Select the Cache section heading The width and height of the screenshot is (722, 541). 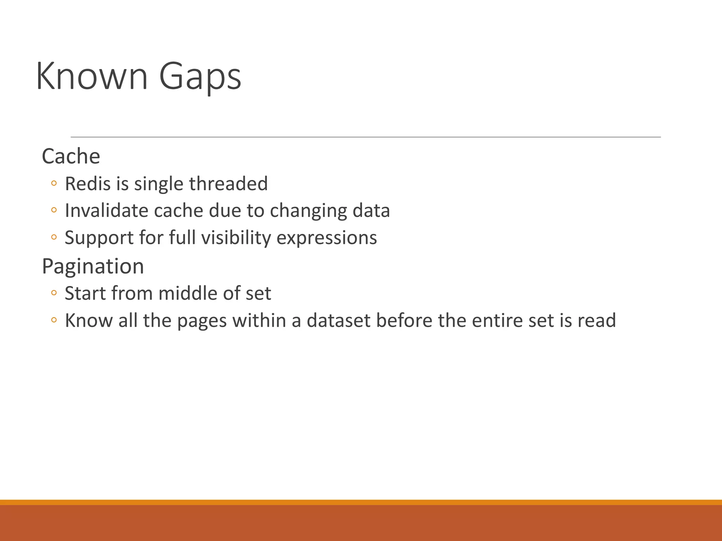click(x=71, y=156)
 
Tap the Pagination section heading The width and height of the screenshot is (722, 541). click(x=93, y=266)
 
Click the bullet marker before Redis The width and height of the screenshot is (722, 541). click(x=54, y=183)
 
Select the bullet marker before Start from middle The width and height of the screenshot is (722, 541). click(x=54, y=293)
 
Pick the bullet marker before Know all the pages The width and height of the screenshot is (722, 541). click(x=54, y=320)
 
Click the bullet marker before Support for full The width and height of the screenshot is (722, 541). click(x=54, y=237)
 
